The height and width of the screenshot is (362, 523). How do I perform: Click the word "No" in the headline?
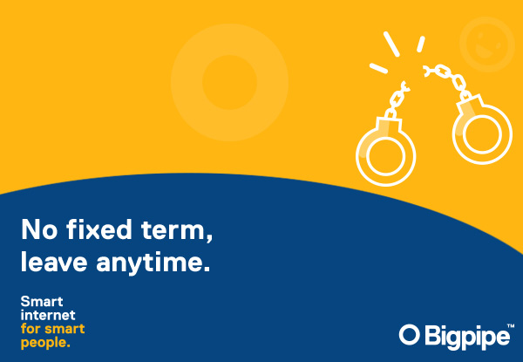39,229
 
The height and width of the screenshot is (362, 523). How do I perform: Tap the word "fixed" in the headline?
99,229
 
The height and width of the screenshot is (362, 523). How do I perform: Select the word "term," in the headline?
177,231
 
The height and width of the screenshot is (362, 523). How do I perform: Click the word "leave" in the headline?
54,262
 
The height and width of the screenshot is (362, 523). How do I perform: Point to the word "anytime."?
153,263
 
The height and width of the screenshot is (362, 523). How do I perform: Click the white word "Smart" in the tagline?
42,302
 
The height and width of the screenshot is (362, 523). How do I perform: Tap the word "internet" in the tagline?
48,315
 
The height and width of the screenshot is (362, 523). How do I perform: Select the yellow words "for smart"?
52,329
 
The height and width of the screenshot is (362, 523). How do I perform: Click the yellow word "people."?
45,343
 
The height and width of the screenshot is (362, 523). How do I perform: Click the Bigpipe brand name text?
467,337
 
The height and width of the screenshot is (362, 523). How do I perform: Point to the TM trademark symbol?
510,325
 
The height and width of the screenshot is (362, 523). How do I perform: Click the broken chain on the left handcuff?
397,99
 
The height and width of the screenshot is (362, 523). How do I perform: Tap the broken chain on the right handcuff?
448,79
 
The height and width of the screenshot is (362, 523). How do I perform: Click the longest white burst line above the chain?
391,44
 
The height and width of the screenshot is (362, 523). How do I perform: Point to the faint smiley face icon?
487,44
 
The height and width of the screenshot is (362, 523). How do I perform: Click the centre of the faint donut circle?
229,82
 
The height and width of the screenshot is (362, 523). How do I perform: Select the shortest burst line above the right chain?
421,44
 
